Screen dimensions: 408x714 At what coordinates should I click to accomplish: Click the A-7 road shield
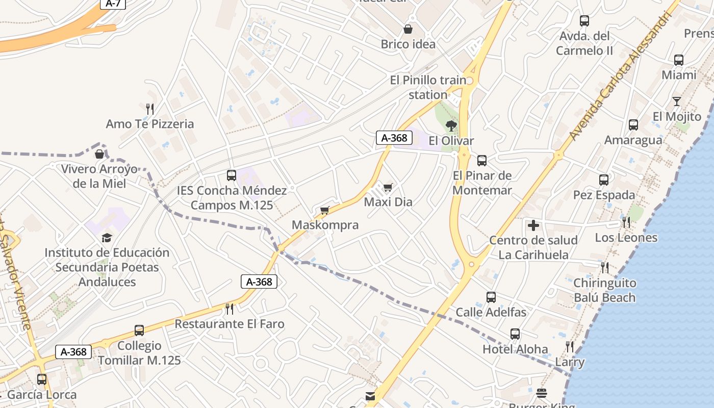(112, 4)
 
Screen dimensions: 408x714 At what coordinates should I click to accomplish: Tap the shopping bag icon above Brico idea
(408, 29)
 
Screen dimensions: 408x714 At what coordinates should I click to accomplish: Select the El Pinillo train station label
(428, 87)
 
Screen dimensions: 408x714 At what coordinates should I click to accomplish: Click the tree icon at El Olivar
(451, 125)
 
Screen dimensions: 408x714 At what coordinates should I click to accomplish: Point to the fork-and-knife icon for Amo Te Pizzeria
(150, 109)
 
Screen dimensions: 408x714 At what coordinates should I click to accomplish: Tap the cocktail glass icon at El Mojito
(677, 101)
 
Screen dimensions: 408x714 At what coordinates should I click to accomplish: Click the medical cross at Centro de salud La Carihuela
(533, 225)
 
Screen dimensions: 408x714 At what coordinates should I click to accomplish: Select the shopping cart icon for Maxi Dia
(388, 187)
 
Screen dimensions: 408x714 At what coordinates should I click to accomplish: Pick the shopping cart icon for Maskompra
(325, 210)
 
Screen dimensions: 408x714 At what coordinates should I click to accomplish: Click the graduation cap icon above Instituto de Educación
(107, 238)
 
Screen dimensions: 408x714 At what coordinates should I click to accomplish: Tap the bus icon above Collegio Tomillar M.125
(139, 330)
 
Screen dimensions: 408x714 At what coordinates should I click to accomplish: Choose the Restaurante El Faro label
(229, 324)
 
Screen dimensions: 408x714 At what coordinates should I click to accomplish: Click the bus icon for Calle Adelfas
(491, 297)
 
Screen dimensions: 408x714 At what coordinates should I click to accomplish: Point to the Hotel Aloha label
(515, 349)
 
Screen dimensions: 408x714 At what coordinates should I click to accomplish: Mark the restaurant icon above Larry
(570, 347)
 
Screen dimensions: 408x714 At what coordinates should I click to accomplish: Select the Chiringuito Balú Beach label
(605, 290)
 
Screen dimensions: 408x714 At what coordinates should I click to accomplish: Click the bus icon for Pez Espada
(604, 180)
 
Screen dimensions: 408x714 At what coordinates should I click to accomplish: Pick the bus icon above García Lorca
(42, 379)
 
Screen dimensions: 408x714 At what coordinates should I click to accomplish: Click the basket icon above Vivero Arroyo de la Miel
(99, 154)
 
